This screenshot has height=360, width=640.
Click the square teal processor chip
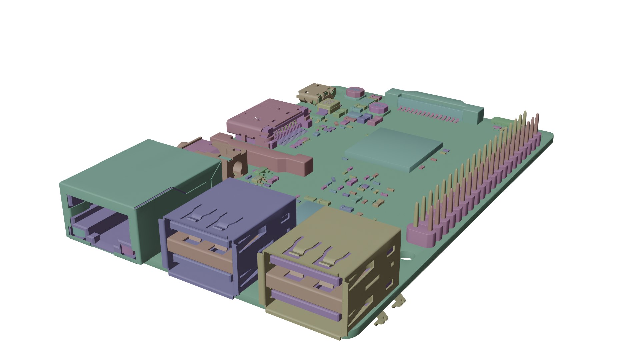tap(393, 147)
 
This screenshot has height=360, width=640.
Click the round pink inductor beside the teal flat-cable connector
tap(378, 107)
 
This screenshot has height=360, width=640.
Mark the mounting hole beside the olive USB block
tap(406, 258)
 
